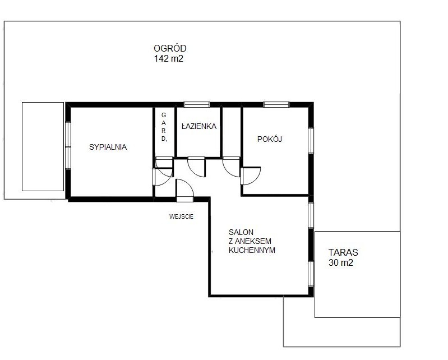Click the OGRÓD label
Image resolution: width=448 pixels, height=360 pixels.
pos(170,48)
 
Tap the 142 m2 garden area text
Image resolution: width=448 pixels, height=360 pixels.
pos(169,58)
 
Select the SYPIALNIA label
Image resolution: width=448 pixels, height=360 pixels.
pos(108,147)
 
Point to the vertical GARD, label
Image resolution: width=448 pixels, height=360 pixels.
pos(164,127)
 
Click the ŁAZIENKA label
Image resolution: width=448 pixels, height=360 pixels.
pos(199,126)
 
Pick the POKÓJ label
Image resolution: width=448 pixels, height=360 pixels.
pos(270,139)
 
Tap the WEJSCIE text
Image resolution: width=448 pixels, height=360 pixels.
pos(181,216)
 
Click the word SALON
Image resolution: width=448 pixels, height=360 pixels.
pos(241,232)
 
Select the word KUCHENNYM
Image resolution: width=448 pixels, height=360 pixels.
pos(252,250)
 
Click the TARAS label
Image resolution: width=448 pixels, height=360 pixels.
pos(343,252)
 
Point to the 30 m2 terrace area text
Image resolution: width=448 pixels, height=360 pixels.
pos(340,262)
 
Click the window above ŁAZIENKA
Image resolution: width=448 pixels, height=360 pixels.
pos(197,104)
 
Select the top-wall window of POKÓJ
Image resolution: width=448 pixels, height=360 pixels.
pos(276,104)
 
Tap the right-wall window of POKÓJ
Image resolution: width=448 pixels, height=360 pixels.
pos(311,141)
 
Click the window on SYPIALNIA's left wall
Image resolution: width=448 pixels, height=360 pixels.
pos(68,145)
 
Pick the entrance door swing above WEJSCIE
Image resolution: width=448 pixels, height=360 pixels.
pos(185,188)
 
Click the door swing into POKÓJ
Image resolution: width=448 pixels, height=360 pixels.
pos(250,176)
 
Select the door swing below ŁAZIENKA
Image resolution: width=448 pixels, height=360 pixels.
pos(196,167)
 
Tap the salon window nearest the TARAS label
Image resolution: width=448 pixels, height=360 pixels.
pos(311,274)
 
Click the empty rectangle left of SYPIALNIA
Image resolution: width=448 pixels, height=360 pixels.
pos(43,146)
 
